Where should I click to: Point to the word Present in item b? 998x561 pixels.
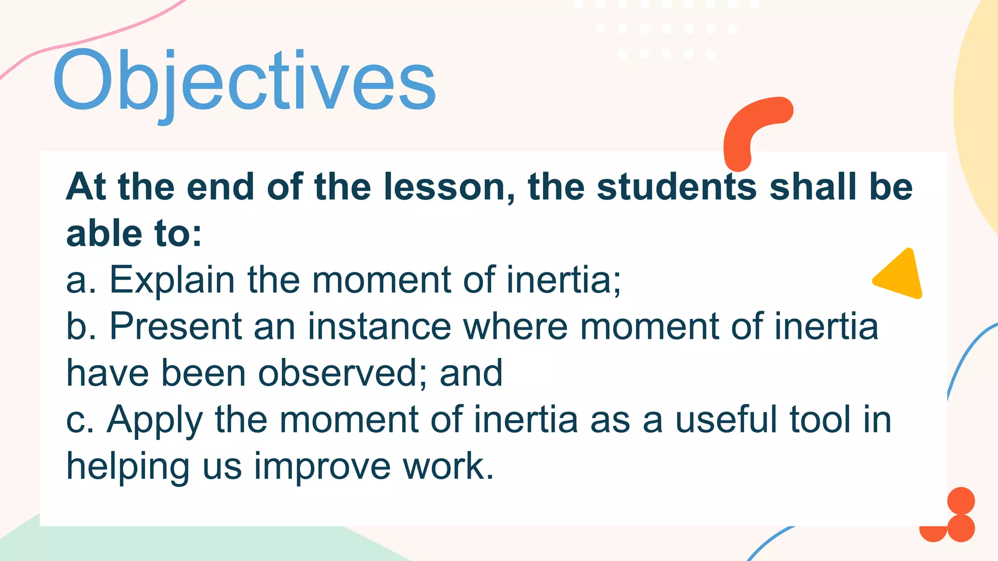[x=175, y=326]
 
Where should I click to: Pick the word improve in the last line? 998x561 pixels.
[x=322, y=467]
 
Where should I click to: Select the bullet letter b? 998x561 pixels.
[x=77, y=326]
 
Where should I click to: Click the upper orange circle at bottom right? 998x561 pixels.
[x=961, y=501]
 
